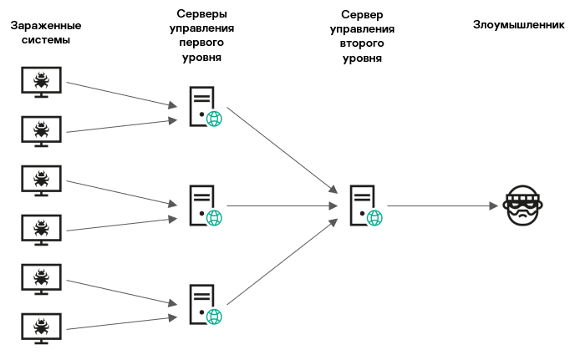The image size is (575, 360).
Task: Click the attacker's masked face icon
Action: click(x=523, y=205)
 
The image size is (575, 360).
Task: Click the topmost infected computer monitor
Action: click(x=40, y=81)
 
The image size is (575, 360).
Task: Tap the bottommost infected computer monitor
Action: click(x=40, y=327)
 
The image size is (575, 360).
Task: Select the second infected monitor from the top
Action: click(x=40, y=129)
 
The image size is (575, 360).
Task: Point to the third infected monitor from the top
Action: click(x=40, y=179)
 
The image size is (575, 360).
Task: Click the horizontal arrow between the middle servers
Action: click(x=281, y=205)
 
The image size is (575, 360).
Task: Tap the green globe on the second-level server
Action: click(x=374, y=218)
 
